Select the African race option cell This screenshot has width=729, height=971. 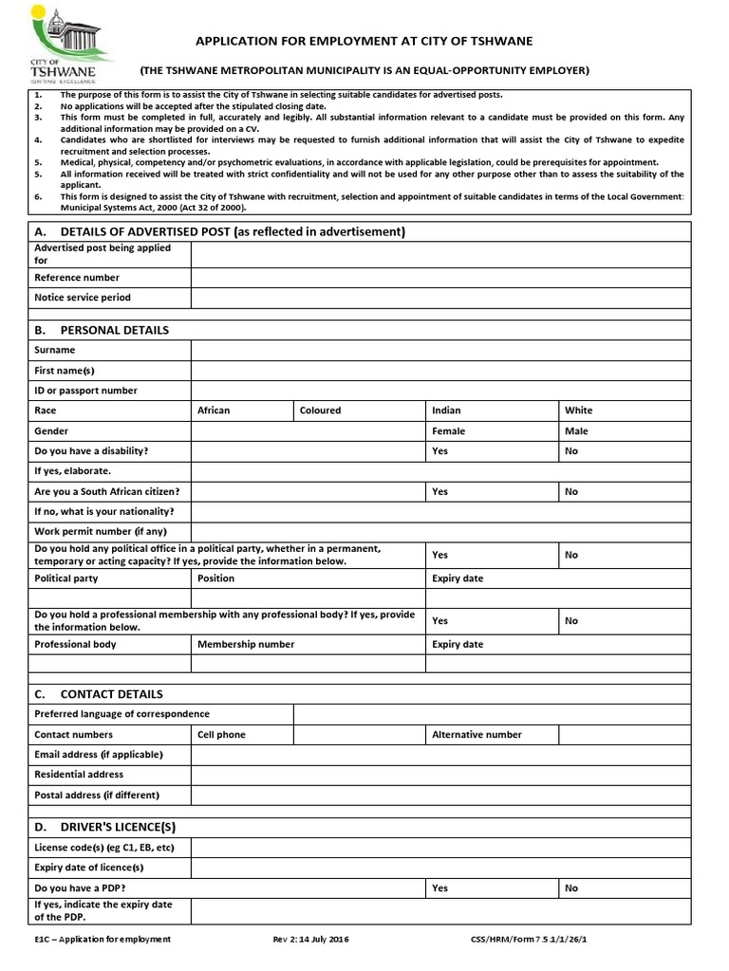click(x=241, y=411)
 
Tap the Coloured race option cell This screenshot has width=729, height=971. click(x=358, y=411)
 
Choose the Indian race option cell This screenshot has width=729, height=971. click(x=491, y=411)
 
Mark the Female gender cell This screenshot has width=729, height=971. click(x=491, y=431)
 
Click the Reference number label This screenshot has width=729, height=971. click(x=77, y=278)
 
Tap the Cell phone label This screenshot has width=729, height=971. click(x=221, y=734)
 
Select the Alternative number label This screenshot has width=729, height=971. click(x=477, y=734)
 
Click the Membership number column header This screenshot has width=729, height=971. click(x=246, y=644)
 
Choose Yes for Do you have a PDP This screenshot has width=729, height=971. click(x=491, y=889)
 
